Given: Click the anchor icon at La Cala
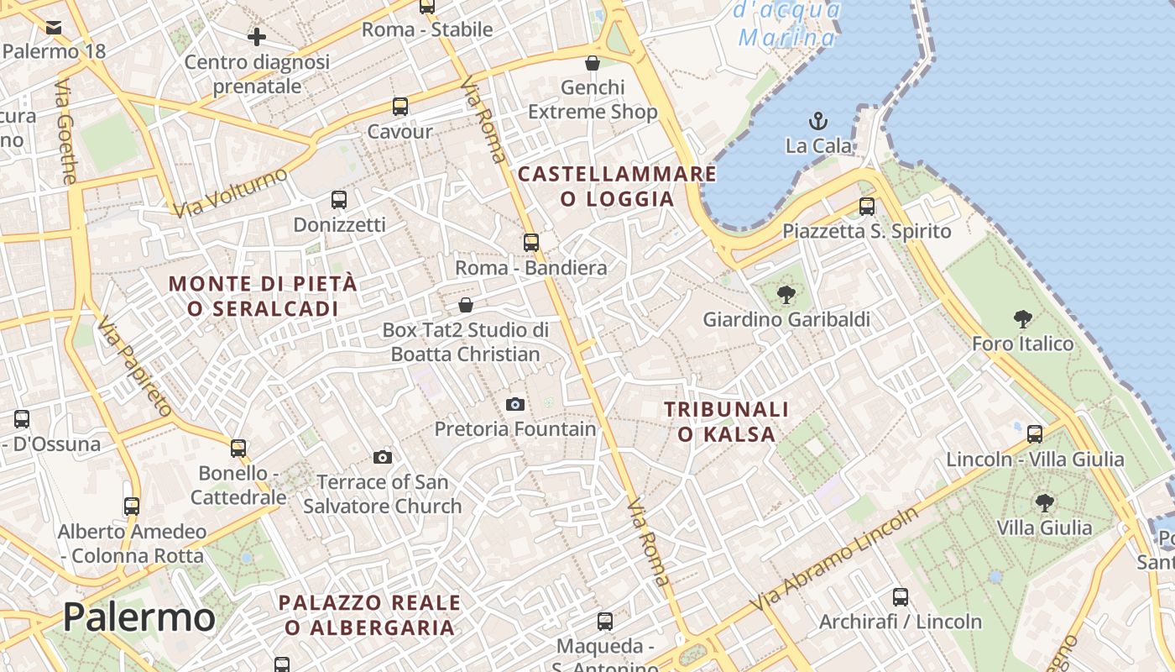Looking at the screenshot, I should point(817,121).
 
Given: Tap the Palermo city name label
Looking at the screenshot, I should point(138,617).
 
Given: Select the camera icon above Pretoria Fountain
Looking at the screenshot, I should point(515,404).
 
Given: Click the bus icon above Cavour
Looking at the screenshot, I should point(400,107).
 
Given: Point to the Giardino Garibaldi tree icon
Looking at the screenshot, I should point(786,294).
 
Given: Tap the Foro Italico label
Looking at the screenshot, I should point(1022,344).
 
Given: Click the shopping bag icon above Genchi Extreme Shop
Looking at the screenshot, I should point(593,63).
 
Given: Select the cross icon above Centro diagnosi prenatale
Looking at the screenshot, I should point(257,37).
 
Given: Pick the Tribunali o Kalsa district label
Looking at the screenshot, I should point(727,422).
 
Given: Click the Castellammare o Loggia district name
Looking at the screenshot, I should point(617,186).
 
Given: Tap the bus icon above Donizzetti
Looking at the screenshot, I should point(339,200).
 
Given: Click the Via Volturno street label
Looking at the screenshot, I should point(230,192).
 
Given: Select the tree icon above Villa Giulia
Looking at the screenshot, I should point(1045,503).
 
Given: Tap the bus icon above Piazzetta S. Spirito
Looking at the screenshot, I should point(867,206).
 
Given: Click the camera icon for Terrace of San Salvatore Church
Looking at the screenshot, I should point(383,457).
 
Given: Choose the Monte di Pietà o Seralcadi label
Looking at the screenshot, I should point(264,296).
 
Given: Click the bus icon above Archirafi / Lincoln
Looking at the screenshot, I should point(901,597).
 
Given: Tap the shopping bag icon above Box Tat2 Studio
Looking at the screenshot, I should point(466,305).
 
